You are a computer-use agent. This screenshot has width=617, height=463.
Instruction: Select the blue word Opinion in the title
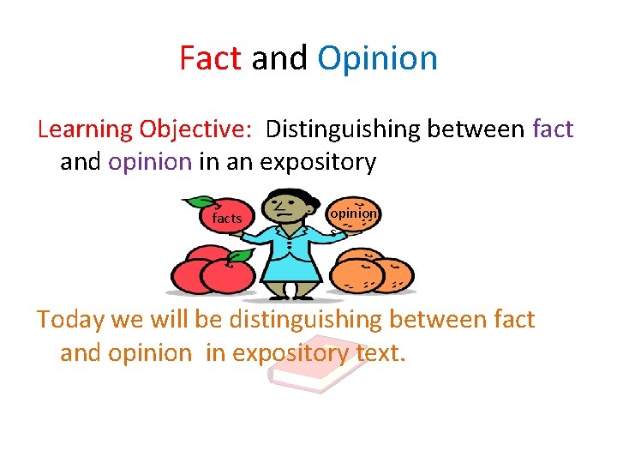(x=377, y=58)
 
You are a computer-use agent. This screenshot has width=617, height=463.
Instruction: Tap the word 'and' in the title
(x=279, y=58)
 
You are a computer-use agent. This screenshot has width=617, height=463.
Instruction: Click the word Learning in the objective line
(x=85, y=129)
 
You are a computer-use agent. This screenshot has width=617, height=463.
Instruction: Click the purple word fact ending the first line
(x=553, y=129)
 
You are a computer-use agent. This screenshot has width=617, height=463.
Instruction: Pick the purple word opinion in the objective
(x=150, y=162)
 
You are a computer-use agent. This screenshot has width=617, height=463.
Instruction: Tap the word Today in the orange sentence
(x=72, y=320)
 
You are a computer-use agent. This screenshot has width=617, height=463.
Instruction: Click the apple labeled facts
(x=227, y=219)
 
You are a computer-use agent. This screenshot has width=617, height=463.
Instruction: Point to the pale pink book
(x=306, y=368)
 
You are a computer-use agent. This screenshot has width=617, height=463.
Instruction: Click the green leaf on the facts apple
(x=201, y=202)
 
